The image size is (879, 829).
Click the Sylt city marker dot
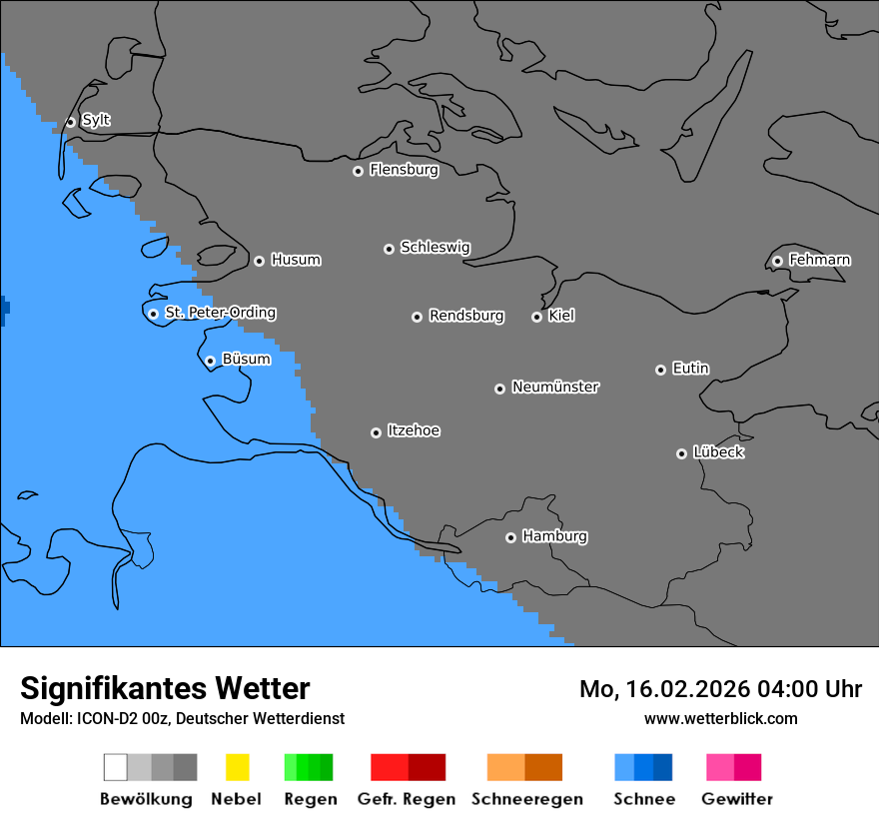pos(70,122)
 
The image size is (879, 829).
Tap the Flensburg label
pos(404,170)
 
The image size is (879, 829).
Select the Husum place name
pos(296,260)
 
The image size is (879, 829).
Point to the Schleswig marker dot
pos(389,249)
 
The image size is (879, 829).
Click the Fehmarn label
pos(819,260)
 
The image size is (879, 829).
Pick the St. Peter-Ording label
pos(220,313)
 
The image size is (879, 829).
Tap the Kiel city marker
pos(536,317)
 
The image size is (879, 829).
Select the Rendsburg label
pos(466,316)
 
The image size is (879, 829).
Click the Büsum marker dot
pos(210,361)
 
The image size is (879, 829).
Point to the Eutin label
pos(690,369)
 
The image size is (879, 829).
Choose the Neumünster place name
pos(555,387)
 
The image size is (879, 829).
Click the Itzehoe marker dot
pos(376,432)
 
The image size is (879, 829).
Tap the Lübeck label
pos(718,452)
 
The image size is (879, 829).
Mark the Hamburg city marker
pos(510,537)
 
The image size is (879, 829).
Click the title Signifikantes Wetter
pos(165,688)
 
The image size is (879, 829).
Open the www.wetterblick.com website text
pos(720,718)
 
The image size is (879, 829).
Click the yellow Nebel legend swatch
pos(237,767)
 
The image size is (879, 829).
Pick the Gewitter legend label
pos(736,799)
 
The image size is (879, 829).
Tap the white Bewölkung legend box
pos(115,767)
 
